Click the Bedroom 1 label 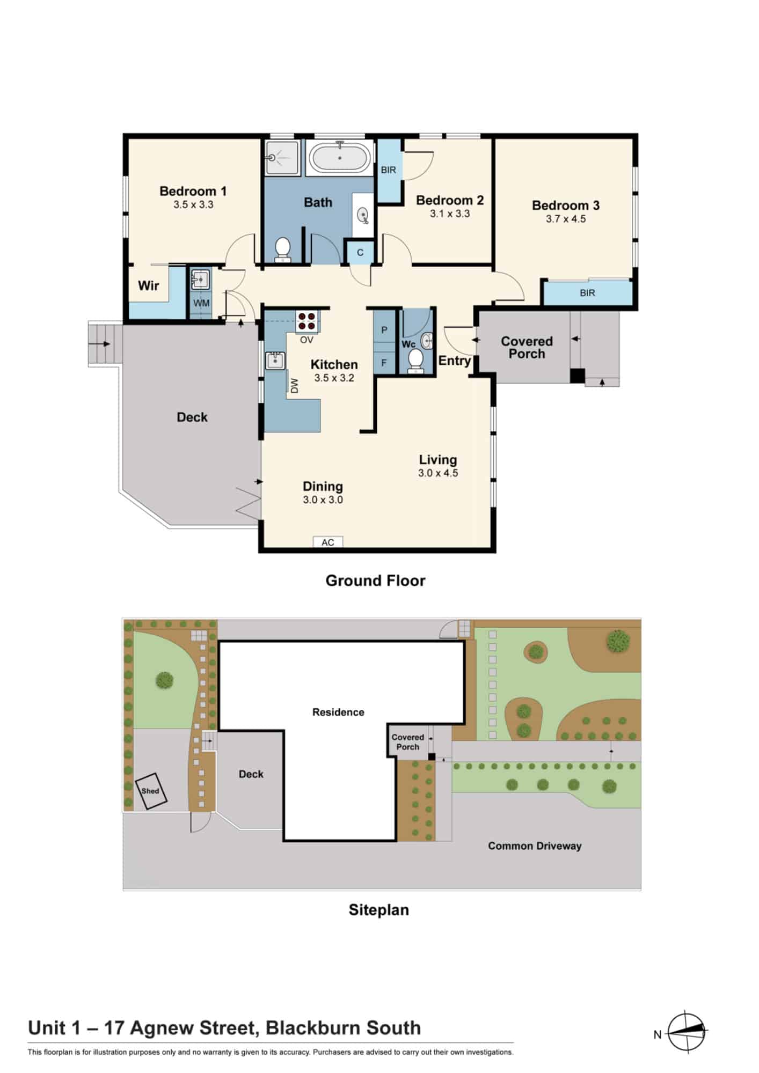pos(193,191)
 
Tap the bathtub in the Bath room pos(340,158)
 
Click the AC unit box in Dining pos(328,542)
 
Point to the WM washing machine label pos(201,303)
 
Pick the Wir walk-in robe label pos(149,285)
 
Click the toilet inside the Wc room pos(415,361)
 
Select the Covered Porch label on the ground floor pos(527,348)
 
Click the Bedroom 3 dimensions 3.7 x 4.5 pos(566,219)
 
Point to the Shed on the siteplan pos(150,791)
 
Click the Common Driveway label pos(535,846)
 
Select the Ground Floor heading pos(375,580)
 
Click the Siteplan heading pos(379,910)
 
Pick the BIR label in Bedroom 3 pos(587,293)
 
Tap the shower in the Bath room pos(283,157)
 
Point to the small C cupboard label pos(360,253)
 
